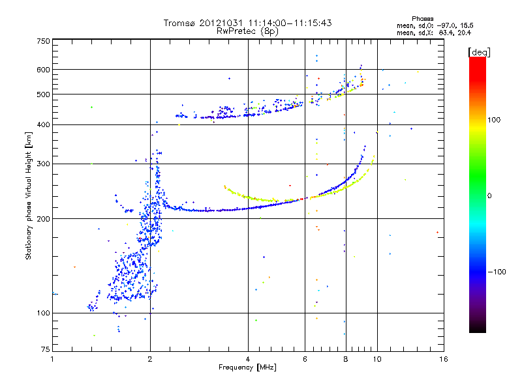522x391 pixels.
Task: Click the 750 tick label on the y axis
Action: click(43, 41)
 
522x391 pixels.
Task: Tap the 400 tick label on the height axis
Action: click(43, 124)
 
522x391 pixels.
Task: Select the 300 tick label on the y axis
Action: click(43, 164)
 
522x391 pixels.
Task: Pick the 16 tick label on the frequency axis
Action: click(443, 359)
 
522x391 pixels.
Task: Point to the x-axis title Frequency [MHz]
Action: click(247, 368)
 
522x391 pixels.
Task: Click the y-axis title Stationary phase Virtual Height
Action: click(29, 195)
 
